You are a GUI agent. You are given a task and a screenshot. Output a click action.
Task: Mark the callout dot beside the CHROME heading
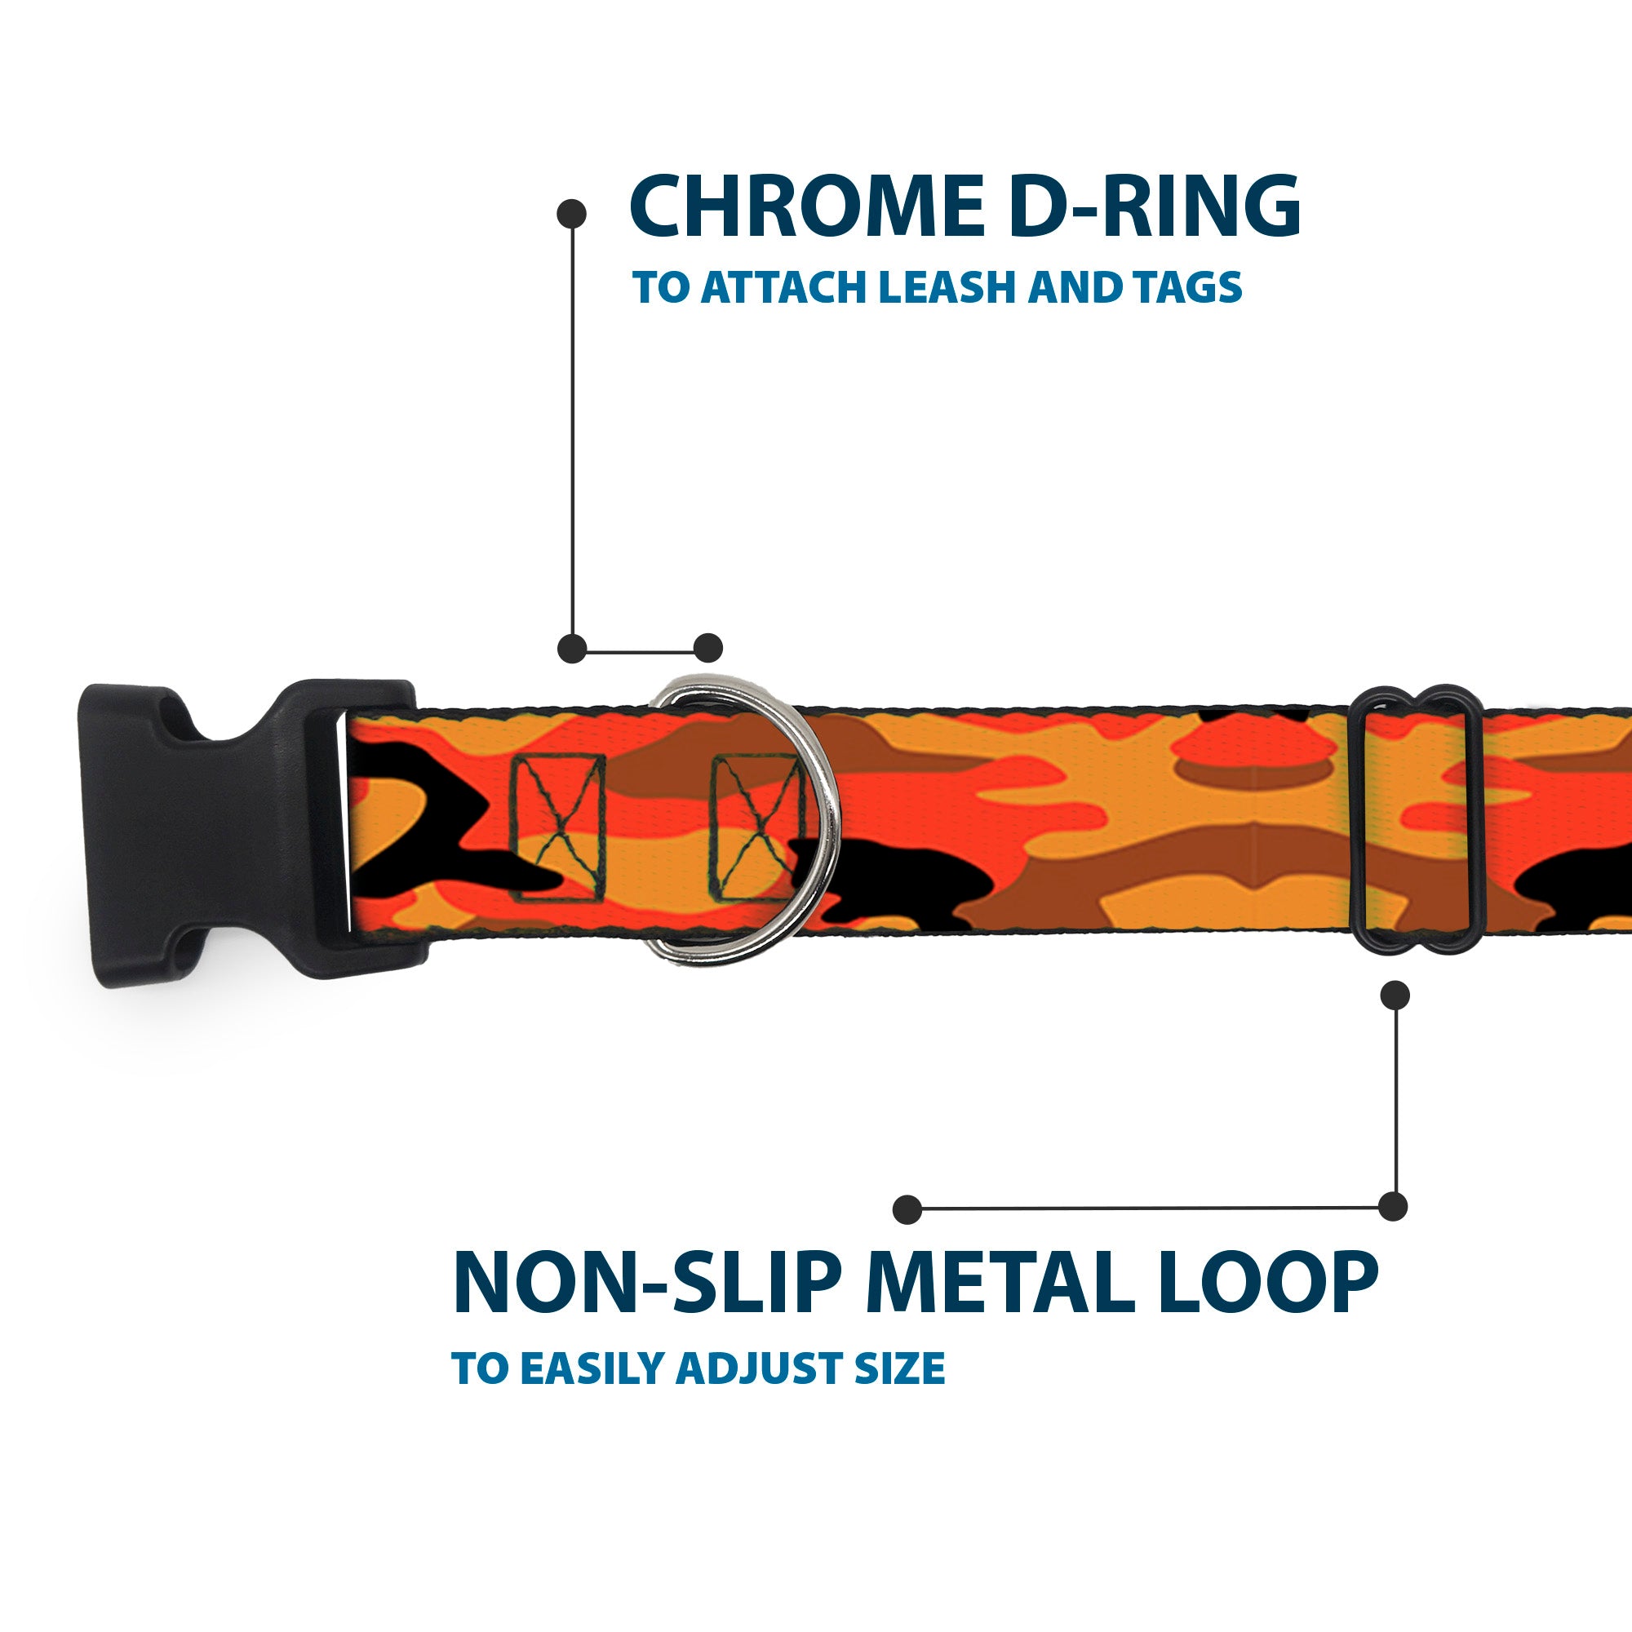(572, 213)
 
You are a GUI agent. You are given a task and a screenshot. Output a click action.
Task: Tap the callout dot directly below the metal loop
(1395, 995)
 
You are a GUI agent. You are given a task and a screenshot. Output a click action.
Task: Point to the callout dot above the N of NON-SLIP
(907, 1208)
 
